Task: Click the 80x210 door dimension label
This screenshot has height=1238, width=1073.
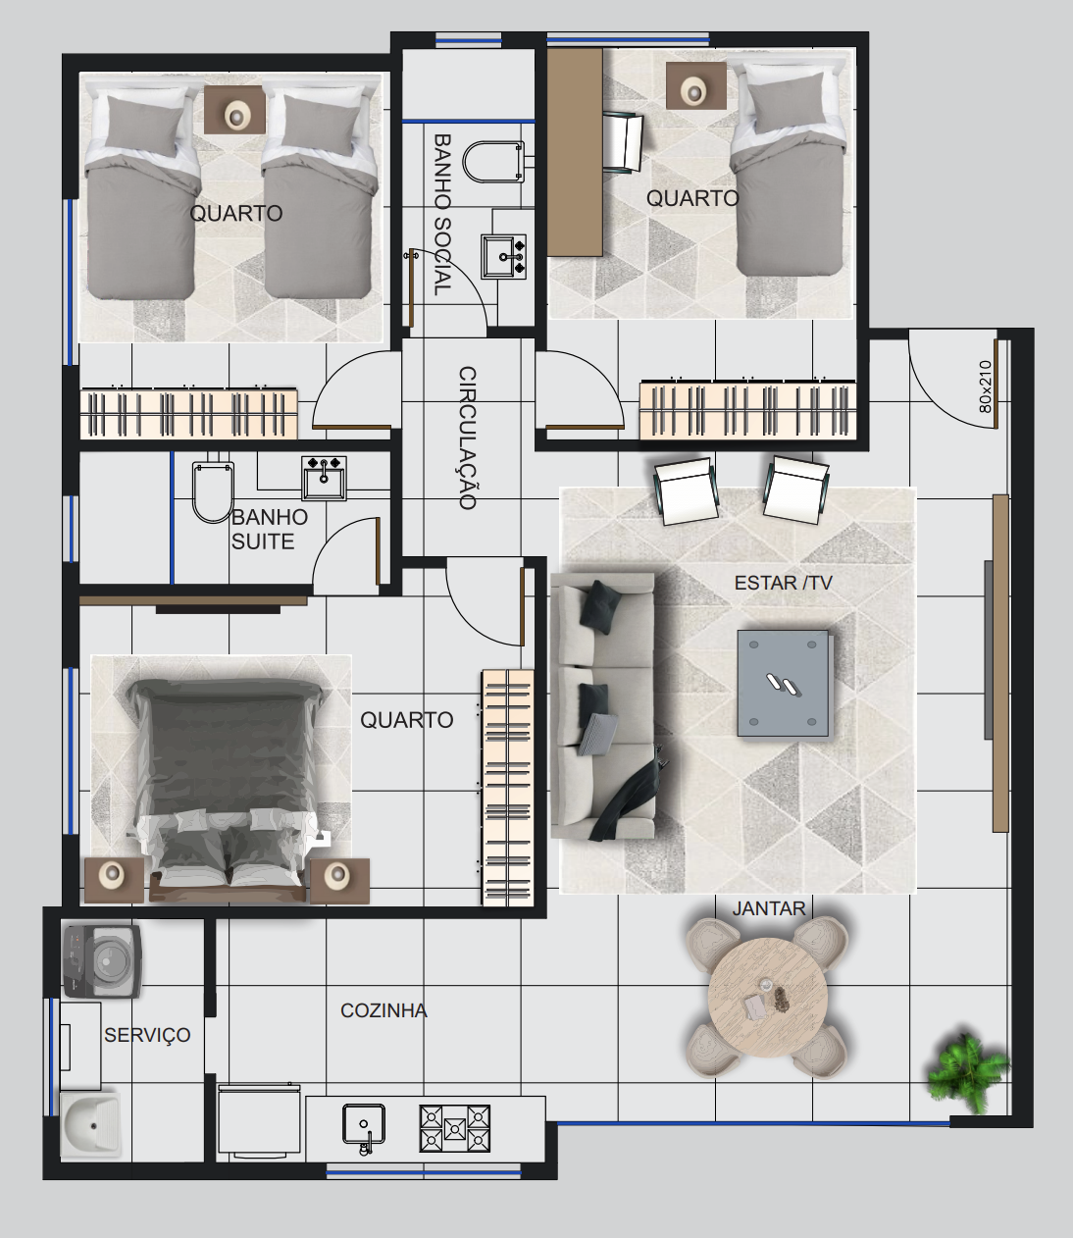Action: pos(985,387)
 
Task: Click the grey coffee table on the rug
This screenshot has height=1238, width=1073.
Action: pos(784,684)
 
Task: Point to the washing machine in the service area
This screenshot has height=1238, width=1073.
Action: pos(102,961)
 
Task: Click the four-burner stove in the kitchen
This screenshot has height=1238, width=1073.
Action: pos(455,1128)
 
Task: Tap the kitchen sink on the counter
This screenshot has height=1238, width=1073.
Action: pos(364,1126)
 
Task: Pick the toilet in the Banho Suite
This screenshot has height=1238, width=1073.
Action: pos(213,491)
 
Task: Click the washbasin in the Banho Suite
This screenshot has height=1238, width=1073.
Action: pos(324,478)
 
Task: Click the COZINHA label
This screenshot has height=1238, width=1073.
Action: pos(383,1011)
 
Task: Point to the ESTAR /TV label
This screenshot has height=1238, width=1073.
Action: pos(784,583)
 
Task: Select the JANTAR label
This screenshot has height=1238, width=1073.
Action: pos(769,908)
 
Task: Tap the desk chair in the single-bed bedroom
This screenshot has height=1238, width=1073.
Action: pos(623,142)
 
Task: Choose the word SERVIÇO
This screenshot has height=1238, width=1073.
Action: pos(147,1035)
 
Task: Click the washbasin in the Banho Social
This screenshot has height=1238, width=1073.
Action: pos(503,256)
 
